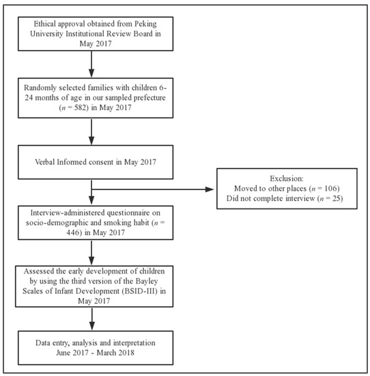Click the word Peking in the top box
(145, 24)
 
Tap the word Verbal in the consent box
(45, 162)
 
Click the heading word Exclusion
(287, 178)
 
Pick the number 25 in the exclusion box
(337, 198)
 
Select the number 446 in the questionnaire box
(73, 232)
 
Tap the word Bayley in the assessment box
(147, 281)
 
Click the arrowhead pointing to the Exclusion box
(210, 189)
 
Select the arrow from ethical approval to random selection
(91, 64)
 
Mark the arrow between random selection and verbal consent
(91, 132)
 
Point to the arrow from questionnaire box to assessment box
(91, 252)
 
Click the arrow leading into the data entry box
(91, 319)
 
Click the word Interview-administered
(68, 213)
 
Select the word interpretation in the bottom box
(134, 343)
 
